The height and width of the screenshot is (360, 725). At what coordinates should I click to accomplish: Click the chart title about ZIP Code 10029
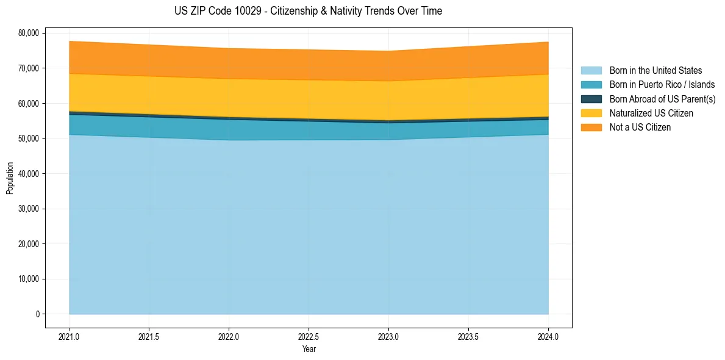[308, 11]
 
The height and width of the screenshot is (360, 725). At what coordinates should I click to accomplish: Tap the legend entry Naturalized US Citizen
[651, 113]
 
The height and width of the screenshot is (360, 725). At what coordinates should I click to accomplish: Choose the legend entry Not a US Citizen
[640, 128]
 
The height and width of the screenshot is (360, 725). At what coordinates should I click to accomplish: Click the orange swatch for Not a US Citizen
[591, 128]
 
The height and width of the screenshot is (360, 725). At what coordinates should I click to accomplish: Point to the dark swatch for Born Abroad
[591, 99]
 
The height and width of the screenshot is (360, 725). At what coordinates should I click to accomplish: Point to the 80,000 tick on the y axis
[28, 33]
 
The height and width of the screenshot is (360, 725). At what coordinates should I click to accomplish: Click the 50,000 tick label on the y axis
[28, 139]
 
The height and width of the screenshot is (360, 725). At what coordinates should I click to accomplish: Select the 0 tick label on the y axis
[37, 314]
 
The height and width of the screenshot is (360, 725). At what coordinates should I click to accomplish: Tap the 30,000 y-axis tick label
[28, 209]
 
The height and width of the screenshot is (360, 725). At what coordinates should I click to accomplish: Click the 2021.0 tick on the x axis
[70, 336]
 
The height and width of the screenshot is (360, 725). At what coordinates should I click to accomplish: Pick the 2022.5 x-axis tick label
[309, 336]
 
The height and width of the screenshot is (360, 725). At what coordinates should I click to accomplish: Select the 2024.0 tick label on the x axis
[548, 336]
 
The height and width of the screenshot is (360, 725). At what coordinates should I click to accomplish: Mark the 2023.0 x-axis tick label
[388, 336]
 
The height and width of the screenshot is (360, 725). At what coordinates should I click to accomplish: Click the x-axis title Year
[309, 349]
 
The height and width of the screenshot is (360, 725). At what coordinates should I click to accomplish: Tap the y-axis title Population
[10, 178]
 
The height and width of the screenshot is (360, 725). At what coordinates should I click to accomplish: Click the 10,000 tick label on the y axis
[28, 279]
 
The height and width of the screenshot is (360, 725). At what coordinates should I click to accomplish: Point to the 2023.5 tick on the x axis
[468, 336]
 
